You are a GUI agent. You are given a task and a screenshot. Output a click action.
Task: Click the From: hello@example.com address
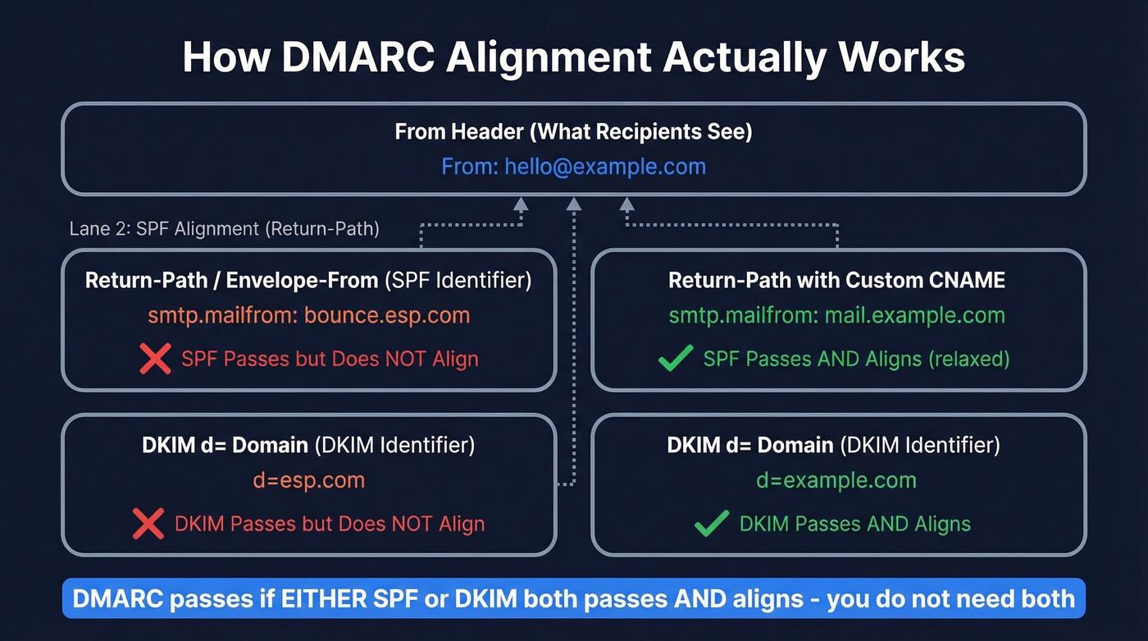pos(573,167)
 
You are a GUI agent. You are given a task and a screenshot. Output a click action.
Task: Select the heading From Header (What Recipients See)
pos(573,131)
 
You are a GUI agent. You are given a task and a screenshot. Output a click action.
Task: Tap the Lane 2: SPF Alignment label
pos(224,228)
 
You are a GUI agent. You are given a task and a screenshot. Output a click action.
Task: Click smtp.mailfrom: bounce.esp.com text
pos(308,315)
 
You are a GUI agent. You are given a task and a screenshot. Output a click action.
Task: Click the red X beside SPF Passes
pos(154,359)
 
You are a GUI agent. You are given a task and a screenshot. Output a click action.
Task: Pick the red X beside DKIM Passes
pos(148,524)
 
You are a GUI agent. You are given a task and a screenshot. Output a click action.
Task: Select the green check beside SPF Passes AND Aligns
pos(676,359)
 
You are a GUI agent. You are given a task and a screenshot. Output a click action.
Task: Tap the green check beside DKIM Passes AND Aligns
pos(711,524)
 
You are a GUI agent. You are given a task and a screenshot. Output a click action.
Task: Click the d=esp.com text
pos(308,480)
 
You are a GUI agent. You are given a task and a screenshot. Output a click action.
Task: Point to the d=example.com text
pos(836,480)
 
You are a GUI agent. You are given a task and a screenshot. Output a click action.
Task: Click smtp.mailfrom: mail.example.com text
pos(836,315)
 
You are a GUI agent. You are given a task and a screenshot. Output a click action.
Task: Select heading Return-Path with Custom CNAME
pos(836,280)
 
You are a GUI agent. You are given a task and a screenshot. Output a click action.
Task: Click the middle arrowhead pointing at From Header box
pos(574,204)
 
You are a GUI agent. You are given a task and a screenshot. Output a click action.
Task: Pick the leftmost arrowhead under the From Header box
pos(520,204)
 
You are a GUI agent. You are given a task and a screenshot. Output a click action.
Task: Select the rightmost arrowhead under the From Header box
pos(627,204)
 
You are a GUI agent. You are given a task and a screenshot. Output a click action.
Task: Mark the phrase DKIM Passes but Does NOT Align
pos(330,524)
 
